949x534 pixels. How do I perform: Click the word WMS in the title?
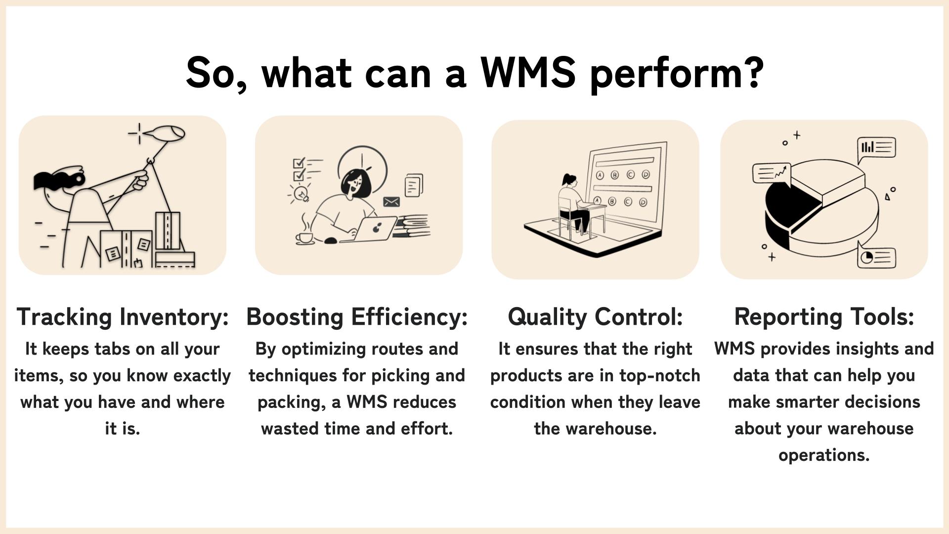coord(528,72)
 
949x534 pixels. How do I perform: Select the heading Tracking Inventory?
coord(123,317)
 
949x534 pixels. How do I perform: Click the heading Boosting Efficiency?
coord(357,317)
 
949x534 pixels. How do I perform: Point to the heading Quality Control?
coord(595,317)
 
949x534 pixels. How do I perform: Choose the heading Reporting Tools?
coord(824,317)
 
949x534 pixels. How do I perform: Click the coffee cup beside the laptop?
coord(304,236)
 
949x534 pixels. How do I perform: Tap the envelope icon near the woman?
coord(391,202)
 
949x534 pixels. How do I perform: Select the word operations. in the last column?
coord(824,455)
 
